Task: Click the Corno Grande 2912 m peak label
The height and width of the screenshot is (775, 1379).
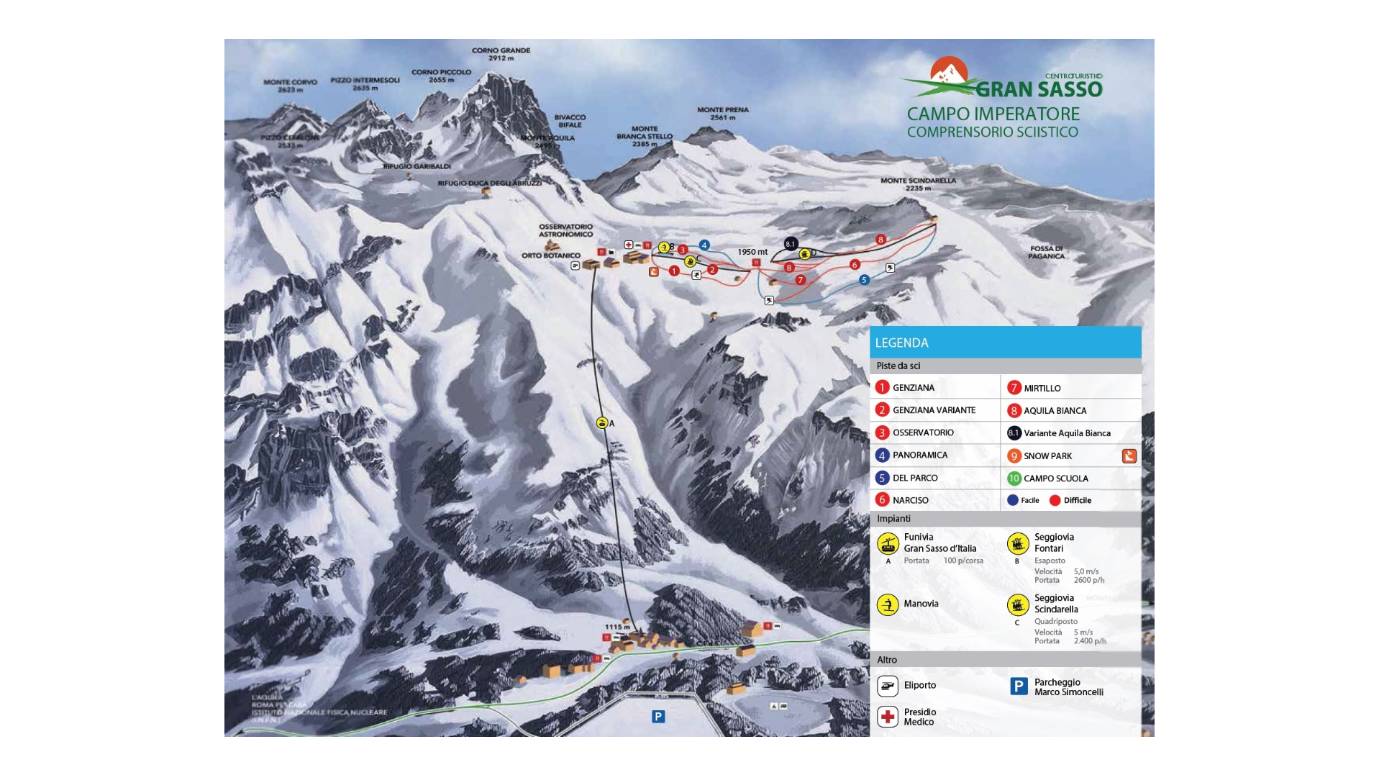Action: pyautogui.click(x=501, y=54)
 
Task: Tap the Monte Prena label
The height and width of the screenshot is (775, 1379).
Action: pyautogui.click(x=722, y=114)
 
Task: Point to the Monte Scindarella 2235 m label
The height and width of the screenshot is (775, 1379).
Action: pyautogui.click(x=918, y=184)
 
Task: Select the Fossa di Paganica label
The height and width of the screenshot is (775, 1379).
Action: pyautogui.click(x=1046, y=252)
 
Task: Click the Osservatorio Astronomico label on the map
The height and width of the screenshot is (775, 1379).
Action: pyautogui.click(x=565, y=230)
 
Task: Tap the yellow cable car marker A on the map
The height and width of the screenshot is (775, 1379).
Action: pyautogui.click(x=602, y=423)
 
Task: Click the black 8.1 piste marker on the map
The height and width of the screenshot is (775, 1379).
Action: pyautogui.click(x=791, y=244)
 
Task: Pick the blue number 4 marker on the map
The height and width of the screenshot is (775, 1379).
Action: pyautogui.click(x=704, y=245)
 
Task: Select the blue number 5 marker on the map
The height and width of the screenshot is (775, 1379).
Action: pyautogui.click(x=864, y=280)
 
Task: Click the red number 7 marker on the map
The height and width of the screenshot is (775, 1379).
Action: pyautogui.click(x=800, y=280)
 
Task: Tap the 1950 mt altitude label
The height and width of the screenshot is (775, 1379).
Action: pyautogui.click(x=752, y=252)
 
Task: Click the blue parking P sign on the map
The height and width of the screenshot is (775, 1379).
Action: pyautogui.click(x=657, y=716)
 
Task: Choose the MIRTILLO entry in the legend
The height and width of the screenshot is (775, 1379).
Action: pyautogui.click(x=1042, y=389)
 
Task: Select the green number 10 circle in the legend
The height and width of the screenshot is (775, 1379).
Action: pyautogui.click(x=1014, y=479)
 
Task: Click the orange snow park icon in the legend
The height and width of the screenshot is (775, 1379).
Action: pyautogui.click(x=1129, y=456)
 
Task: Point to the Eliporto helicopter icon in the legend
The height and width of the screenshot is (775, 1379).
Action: pyautogui.click(x=888, y=686)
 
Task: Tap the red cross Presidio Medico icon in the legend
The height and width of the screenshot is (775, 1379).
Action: pyautogui.click(x=888, y=717)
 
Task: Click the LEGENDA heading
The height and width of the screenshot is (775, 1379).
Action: pyautogui.click(x=901, y=343)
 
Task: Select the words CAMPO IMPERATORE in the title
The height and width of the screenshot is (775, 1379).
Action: pyautogui.click(x=993, y=114)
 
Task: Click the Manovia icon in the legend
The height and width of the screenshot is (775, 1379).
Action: pyautogui.click(x=888, y=604)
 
